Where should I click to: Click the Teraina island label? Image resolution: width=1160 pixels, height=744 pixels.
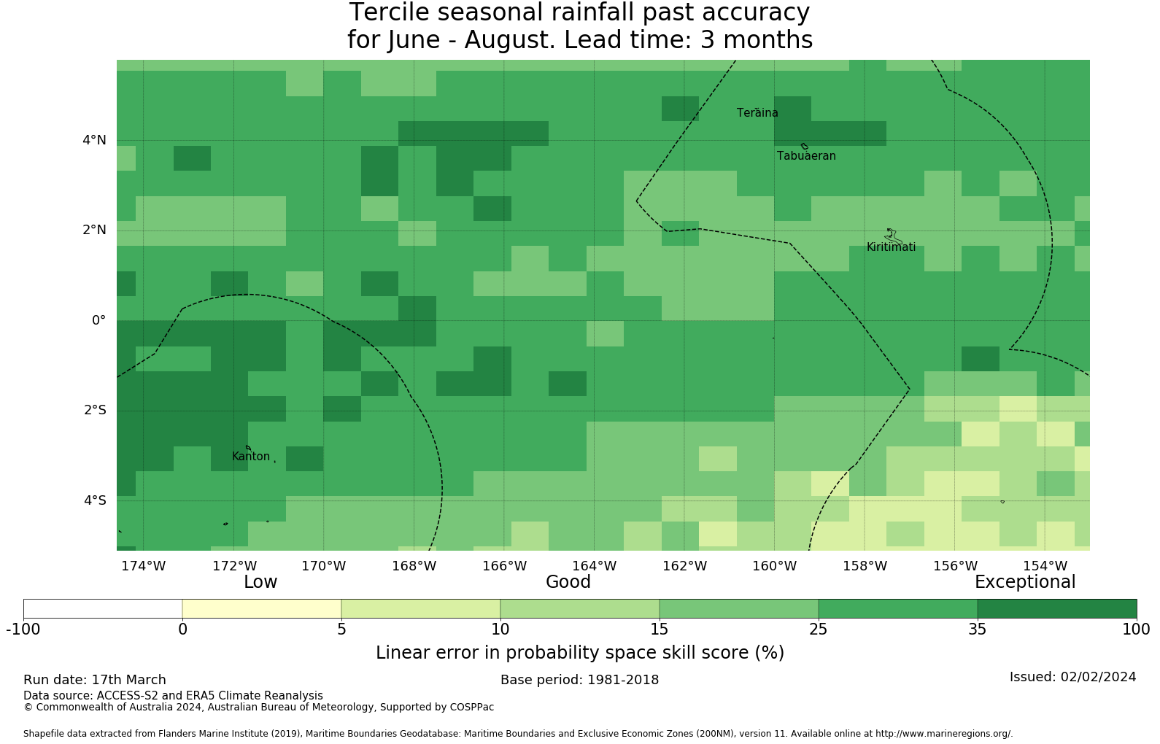(757, 113)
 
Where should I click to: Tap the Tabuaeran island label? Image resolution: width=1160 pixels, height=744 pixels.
(806, 156)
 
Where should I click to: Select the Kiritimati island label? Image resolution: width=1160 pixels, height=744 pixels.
(891, 247)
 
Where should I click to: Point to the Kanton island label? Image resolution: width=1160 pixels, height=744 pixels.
(251, 457)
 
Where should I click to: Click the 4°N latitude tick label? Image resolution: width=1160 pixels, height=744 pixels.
(94, 140)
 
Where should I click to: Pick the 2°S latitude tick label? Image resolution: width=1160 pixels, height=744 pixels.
(95, 410)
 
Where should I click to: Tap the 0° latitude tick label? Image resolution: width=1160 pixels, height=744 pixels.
(98, 320)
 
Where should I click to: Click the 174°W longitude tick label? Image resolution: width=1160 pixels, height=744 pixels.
(143, 566)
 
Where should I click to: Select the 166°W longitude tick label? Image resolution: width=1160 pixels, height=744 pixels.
(504, 566)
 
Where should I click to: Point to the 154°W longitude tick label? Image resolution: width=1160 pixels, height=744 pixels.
(1045, 566)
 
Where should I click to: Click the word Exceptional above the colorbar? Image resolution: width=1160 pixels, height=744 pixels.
(1025, 582)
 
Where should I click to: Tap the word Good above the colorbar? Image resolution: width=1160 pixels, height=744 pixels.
(568, 582)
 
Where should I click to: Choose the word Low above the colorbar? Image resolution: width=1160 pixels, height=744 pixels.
(260, 582)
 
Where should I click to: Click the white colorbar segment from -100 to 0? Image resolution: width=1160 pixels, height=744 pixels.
(103, 608)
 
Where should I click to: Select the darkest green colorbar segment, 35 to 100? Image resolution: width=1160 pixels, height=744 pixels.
(1056, 608)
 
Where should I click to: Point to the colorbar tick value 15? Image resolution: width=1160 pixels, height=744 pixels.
(659, 629)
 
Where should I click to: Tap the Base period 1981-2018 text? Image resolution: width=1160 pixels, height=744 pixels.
(579, 680)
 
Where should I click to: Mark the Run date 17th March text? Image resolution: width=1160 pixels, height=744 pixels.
(95, 680)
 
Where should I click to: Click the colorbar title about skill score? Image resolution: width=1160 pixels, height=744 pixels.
(580, 653)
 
